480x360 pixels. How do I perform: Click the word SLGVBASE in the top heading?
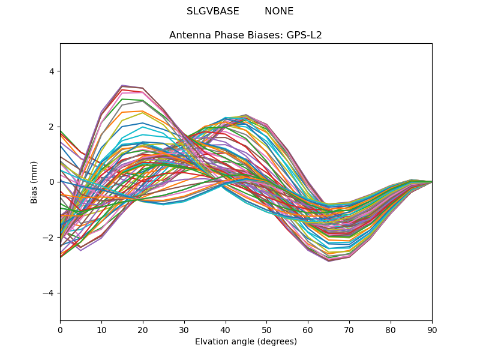tap(213, 11)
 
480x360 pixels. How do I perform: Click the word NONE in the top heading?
tap(279, 11)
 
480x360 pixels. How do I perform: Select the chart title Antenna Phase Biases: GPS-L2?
tap(245, 35)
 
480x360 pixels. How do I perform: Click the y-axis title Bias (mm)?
tap(35, 182)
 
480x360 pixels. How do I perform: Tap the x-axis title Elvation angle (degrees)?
tap(246, 342)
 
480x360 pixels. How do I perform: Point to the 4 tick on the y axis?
tap(52, 71)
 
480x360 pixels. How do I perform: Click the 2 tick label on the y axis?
tap(52, 127)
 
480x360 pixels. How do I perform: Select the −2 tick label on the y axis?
tap(49, 238)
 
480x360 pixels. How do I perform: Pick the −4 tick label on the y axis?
tap(49, 293)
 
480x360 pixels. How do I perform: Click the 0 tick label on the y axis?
tap(52, 182)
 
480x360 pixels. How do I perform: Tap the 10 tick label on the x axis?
tap(101, 329)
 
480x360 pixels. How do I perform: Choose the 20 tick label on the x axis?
tap(143, 329)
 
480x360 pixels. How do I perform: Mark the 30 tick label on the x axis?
tap(184, 329)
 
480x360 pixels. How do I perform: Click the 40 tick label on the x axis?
tap(226, 329)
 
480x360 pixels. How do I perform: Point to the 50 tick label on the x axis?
tap(266, 329)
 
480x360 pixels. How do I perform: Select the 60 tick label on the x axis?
tap(308, 329)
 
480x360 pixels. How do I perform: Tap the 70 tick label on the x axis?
tap(349, 329)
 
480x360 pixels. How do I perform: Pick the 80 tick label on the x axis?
tap(391, 329)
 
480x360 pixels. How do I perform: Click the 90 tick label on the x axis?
tap(432, 329)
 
